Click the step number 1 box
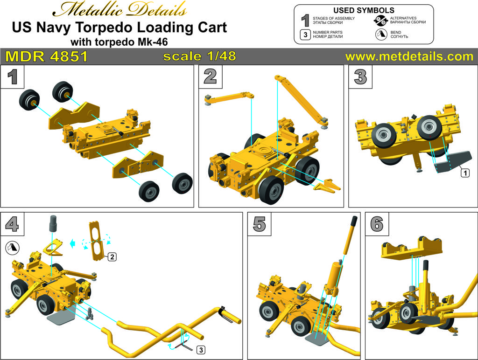12,77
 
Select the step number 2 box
211,77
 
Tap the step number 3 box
360,77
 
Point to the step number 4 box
12,224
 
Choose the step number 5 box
260,224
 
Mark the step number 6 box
377,224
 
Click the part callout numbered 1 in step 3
465,173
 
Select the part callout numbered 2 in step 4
112,257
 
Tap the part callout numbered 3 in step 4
201,350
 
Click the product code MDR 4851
47,56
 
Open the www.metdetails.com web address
409,56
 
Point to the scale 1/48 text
200,56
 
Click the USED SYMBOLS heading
364,10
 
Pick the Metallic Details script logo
119,10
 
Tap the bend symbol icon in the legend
381,34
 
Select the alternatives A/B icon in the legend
381,21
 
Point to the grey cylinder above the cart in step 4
53,223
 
